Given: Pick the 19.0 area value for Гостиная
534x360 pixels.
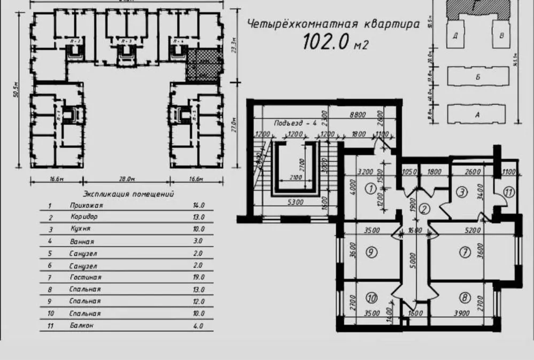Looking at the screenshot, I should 198,277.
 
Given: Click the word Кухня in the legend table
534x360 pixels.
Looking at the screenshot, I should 80,229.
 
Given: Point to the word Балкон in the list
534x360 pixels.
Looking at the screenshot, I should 82,325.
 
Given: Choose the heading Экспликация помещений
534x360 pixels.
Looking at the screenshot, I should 128,194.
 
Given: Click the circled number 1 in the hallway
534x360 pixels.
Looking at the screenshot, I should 369,187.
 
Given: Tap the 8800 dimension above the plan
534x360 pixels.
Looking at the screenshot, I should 357,114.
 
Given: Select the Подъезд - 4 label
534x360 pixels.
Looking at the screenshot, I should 293,123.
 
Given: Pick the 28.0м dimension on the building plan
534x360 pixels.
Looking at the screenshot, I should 127,179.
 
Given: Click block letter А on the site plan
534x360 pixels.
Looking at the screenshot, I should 477,114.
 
